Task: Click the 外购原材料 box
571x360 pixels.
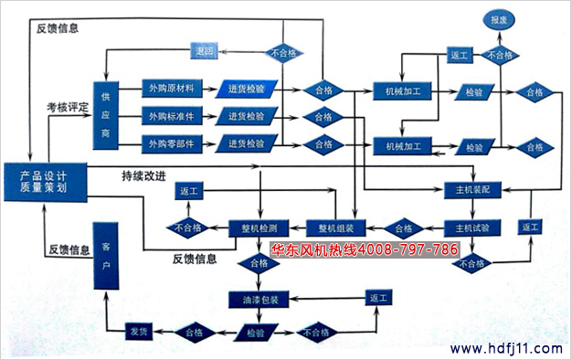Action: [171, 90]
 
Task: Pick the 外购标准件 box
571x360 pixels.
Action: [171, 116]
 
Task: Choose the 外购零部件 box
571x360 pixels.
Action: [171, 143]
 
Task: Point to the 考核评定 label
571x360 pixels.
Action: [68, 108]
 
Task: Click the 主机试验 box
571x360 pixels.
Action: [472, 228]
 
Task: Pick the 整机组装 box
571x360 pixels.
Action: [342, 228]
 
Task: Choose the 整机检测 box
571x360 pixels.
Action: [259, 228]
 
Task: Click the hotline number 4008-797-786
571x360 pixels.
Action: [407, 249]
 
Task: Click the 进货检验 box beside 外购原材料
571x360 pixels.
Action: [247, 90]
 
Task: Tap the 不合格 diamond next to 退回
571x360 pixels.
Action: [285, 53]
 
